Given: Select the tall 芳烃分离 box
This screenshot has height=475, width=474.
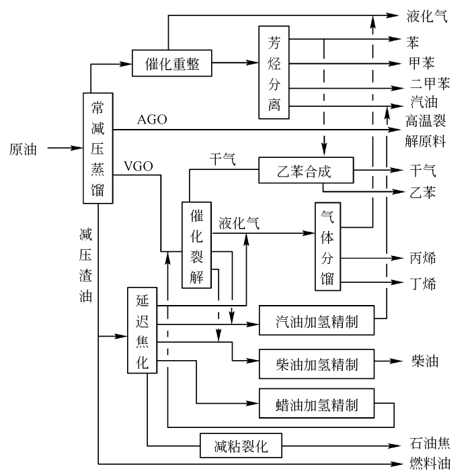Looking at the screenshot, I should point(274,72).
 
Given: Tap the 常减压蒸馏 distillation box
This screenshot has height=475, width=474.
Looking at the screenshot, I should point(97,147).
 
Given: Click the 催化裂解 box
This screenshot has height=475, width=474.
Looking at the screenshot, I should point(196,245).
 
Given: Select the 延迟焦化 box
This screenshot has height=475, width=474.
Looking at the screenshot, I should point(142,329).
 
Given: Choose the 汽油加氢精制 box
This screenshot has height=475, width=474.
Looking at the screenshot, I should point(317,323).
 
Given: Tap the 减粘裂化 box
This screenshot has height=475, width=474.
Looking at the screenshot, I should point(241,445).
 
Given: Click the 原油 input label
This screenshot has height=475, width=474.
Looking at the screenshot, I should point(24,147).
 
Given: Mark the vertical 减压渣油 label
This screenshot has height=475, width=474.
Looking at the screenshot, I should point(85,265).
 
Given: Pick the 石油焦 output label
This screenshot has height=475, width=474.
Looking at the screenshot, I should point(429,444).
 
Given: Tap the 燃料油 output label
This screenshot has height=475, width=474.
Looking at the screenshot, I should point(429,464).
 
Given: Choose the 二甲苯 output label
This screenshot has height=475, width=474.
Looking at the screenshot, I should point(430,84).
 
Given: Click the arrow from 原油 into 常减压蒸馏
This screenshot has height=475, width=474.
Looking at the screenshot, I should point(64,147).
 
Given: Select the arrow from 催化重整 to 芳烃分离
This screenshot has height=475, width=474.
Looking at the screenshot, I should point(236,63).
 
